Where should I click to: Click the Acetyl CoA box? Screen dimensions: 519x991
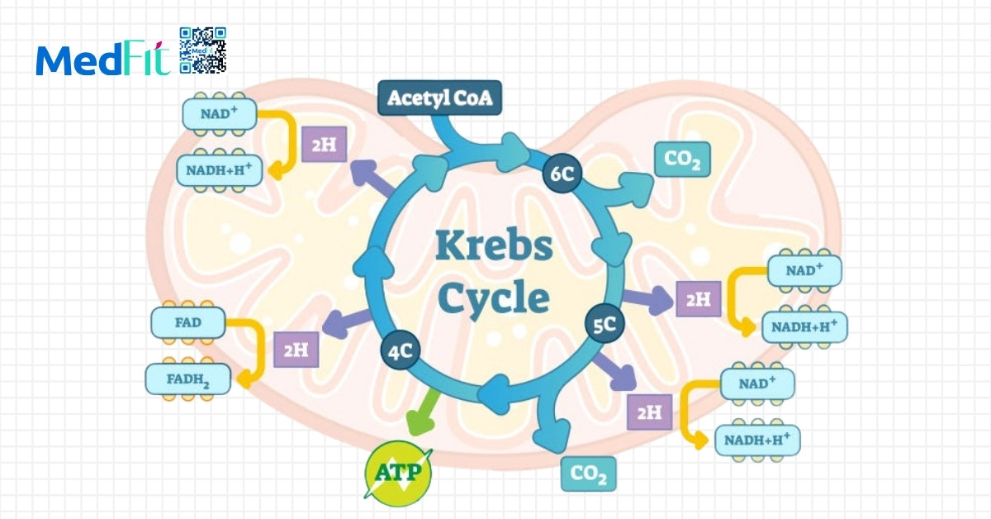[439, 98]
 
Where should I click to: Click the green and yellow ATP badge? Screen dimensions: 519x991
[398, 474]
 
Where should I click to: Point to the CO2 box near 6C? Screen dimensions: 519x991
[682, 160]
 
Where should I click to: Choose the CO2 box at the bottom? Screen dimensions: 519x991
[589, 474]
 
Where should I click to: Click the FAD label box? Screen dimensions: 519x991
[188, 322]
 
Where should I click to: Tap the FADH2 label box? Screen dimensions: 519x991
[187, 379]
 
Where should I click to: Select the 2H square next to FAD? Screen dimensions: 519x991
[296, 350]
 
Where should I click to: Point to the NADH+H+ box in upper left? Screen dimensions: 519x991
[219, 170]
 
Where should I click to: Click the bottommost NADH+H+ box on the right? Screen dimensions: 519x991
[757, 439]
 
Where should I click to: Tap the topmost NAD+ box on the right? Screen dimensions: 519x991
[804, 270]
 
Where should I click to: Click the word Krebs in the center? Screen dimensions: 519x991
[494, 246]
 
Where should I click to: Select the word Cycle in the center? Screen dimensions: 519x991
[494, 298]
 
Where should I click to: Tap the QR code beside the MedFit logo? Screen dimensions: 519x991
[202, 50]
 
